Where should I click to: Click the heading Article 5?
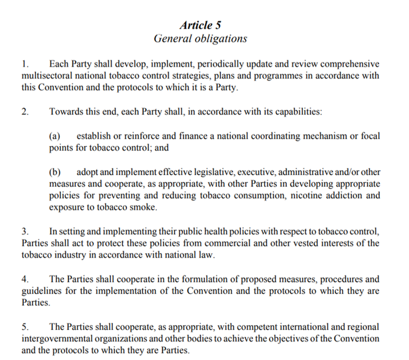pyautogui.click(x=201, y=25)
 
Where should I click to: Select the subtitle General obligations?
pyautogui.click(x=200, y=39)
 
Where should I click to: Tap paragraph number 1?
pyautogui.click(x=25, y=64)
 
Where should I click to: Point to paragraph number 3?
pyautogui.click(x=25, y=231)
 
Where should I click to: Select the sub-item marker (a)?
pyautogui.click(x=55, y=136)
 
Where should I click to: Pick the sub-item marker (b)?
pyautogui.click(x=55, y=172)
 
